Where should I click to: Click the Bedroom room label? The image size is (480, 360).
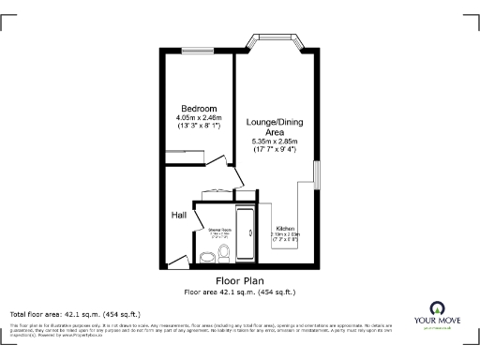[x=199, y=108]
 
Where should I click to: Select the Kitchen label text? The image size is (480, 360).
[x=285, y=228]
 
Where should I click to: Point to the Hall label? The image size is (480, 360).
[x=178, y=216]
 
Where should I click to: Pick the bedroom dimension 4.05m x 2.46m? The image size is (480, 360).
[x=199, y=117]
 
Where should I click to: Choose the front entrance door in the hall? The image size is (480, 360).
[x=176, y=260]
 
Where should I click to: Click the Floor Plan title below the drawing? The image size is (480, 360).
[x=239, y=280]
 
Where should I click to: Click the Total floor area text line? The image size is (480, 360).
[x=75, y=313]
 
